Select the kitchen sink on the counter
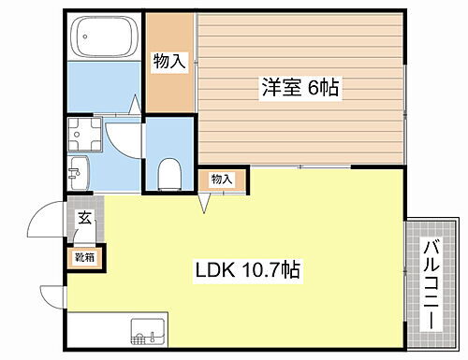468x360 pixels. [149, 332]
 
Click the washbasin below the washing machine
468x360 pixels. [80, 171]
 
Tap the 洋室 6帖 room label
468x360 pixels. [299, 88]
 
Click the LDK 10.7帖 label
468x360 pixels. [247, 271]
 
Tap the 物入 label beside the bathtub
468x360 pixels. [169, 62]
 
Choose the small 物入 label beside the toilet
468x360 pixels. [222, 179]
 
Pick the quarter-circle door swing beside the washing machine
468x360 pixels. [122, 140]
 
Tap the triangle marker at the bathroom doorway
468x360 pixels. [138, 106]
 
